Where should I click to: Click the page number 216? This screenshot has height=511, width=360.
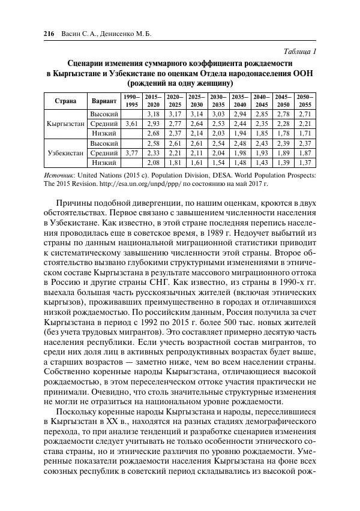click(x=50, y=34)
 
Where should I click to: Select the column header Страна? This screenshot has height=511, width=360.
click(x=65, y=100)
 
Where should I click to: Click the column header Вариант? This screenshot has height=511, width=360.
click(x=103, y=100)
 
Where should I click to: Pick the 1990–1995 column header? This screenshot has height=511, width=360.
click(x=131, y=100)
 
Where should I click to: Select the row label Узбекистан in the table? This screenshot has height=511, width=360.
click(x=65, y=153)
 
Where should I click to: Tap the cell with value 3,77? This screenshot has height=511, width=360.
click(x=131, y=153)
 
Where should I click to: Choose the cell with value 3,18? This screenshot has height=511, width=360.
click(x=152, y=114)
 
